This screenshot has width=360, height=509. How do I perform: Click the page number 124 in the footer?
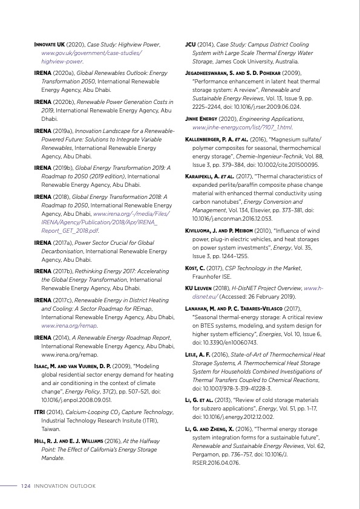click(x=25, y=486)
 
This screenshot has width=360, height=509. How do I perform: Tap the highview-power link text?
click(x=61, y=61)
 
